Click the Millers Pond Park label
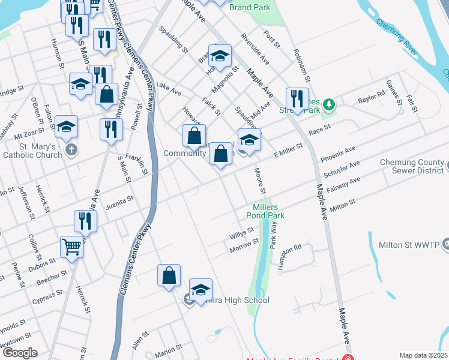(x=265, y=211)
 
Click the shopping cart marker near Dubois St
(x=71, y=246)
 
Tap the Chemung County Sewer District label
(x=413, y=168)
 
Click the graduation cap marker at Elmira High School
(x=201, y=289)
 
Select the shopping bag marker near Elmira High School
(x=169, y=275)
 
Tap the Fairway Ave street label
(x=346, y=182)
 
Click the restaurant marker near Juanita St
(x=85, y=221)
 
